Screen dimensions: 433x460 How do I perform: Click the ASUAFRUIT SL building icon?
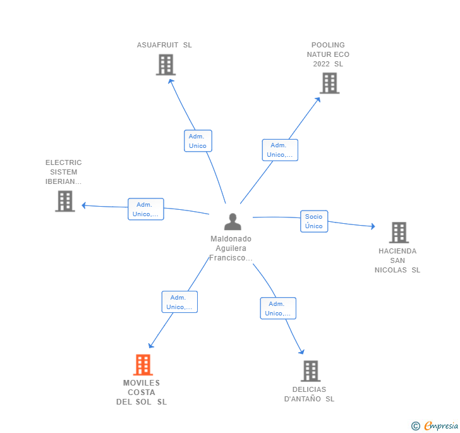(x=166, y=64)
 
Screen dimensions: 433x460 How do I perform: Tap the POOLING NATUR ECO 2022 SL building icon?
(x=329, y=83)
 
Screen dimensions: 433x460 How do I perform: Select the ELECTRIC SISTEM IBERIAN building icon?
(x=65, y=201)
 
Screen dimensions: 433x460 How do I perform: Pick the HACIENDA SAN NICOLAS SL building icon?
(x=399, y=233)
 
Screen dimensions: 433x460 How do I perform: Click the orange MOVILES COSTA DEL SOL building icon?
(x=143, y=365)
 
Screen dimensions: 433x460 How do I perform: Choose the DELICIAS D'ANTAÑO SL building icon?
(x=310, y=371)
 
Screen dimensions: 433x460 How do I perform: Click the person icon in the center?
(x=233, y=222)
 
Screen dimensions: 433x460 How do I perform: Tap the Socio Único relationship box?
(x=314, y=221)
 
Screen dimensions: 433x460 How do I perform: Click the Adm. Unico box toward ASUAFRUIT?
(x=198, y=141)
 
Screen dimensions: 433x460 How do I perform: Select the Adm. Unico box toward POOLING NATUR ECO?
(x=280, y=150)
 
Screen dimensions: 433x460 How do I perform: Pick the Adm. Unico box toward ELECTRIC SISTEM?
(x=146, y=209)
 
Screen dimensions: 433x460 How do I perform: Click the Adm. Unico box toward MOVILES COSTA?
(x=179, y=302)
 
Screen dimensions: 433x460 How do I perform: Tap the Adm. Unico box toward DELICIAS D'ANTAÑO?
(x=278, y=308)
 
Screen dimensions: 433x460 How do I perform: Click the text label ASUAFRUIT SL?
(x=164, y=45)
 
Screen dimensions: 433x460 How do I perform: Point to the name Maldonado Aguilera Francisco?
(x=231, y=248)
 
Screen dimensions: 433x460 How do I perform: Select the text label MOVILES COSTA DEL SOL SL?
(x=142, y=393)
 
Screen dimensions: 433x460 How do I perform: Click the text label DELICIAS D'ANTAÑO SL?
(x=310, y=394)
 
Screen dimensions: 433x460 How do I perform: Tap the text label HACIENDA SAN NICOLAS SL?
(x=397, y=260)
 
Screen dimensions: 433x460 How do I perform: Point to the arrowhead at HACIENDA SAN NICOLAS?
(x=373, y=226)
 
